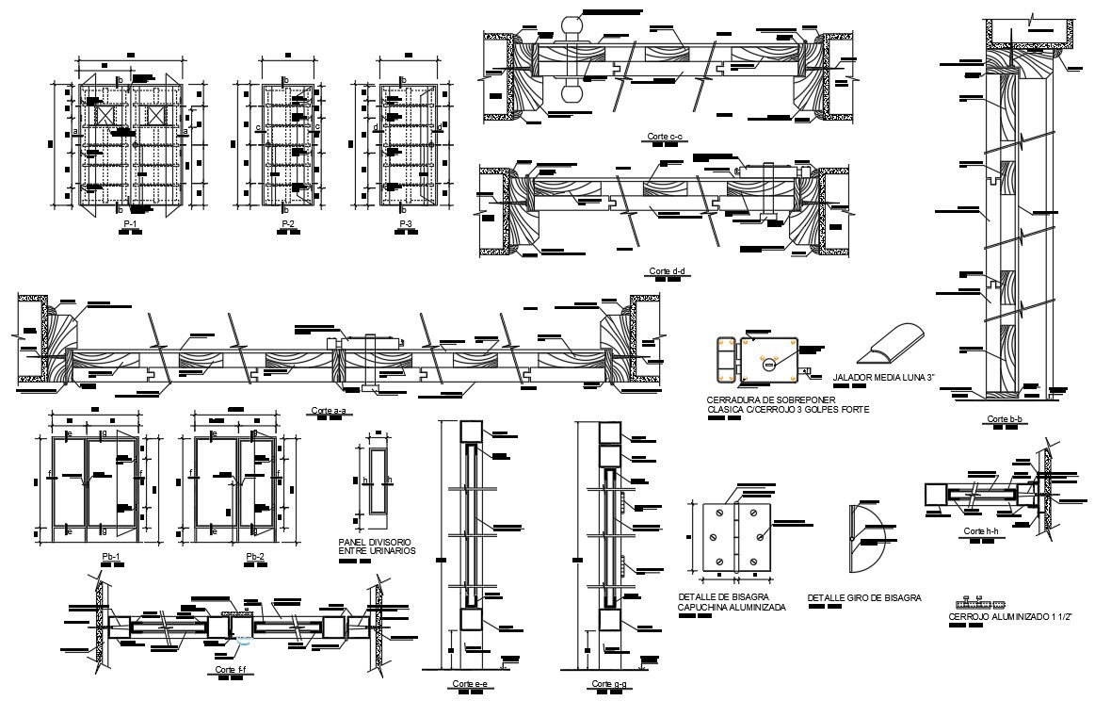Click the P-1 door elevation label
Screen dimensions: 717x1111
click(130, 223)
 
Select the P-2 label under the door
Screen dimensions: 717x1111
click(288, 223)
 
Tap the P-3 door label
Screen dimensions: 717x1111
click(405, 223)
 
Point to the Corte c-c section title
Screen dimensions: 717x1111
click(666, 137)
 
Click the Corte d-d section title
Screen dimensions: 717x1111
click(668, 271)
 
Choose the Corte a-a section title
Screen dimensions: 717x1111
click(328, 411)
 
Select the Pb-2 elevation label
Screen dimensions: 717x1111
click(255, 557)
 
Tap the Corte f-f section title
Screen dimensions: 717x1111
click(231, 669)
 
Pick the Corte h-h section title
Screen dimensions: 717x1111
click(981, 531)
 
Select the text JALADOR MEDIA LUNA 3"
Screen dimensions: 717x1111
click(882, 379)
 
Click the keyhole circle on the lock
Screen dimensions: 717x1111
click(768, 362)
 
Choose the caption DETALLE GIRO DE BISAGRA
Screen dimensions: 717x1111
click(864, 597)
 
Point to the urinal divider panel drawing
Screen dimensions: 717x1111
click(378, 480)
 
